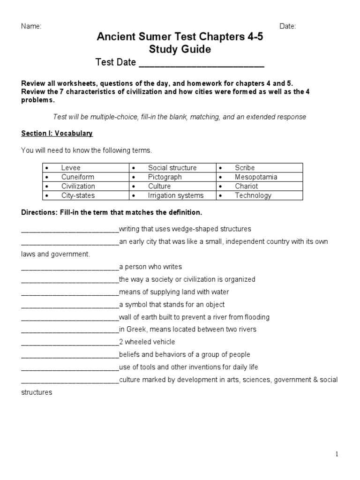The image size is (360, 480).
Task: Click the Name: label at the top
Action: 31,26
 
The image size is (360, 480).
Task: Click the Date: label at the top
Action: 288,26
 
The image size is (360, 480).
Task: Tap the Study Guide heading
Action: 180,49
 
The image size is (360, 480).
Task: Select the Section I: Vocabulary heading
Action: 57,134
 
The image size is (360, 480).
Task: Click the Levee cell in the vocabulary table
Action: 71,168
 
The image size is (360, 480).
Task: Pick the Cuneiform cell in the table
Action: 77,177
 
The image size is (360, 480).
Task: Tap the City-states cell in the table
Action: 77,195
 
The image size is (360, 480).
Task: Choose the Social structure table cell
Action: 172,168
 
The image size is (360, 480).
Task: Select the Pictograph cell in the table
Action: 165,177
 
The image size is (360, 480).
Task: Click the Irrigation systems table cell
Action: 176,195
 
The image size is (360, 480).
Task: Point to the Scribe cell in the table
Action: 245,168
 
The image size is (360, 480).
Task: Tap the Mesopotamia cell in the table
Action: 256,177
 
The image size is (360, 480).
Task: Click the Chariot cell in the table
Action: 246,186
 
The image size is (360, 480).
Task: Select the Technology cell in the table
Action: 253,195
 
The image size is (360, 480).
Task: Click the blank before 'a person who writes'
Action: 70,267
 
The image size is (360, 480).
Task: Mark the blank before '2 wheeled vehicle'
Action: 70,343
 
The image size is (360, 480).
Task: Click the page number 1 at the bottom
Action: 337,454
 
